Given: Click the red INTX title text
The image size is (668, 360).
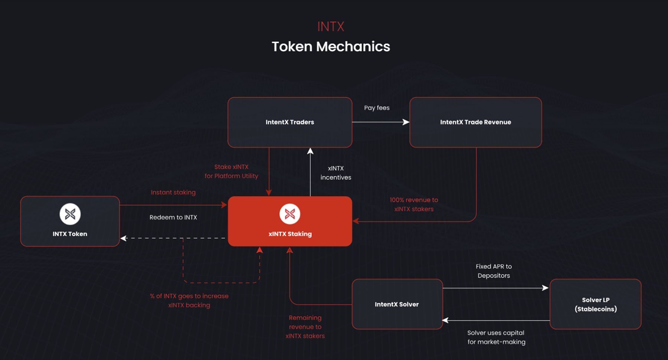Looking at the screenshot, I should tap(331, 27).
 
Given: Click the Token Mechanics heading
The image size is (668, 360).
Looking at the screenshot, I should tap(331, 47).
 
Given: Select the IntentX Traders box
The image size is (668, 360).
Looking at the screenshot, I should tap(290, 122).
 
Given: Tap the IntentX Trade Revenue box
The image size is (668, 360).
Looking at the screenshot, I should tap(475, 122).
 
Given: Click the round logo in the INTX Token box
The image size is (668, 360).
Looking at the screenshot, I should tap(70, 214).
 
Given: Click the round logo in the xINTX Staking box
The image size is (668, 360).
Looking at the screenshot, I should tap(290, 214).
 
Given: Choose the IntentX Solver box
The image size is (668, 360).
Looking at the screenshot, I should tap(397, 304).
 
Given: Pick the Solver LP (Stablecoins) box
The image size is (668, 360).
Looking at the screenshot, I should tap(596, 304).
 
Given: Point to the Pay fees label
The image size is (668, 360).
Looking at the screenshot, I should tap(377, 108).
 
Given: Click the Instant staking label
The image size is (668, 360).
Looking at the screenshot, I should tap(173, 192).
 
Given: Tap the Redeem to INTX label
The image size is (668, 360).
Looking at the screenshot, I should tap(173, 217).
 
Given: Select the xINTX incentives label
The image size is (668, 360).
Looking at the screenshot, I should tap(335, 173).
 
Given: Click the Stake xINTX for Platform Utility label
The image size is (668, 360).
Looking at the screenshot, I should tap(231, 171).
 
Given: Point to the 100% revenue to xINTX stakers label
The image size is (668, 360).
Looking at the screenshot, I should tap(414, 204).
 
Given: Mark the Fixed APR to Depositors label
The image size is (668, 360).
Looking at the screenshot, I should tap(494, 271).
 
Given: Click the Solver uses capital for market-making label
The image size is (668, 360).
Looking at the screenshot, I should tap(496, 337).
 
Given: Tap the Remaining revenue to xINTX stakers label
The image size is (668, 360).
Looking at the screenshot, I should tap(305, 327).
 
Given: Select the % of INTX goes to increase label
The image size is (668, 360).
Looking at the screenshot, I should tap(189, 300).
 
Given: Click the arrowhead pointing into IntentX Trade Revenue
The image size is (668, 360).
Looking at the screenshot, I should tap(406, 122).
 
